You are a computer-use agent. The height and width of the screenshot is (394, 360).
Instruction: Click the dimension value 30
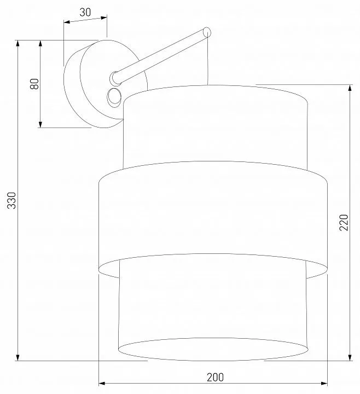click(x=85, y=12)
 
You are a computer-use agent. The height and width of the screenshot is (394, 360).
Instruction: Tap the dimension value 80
click(x=34, y=84)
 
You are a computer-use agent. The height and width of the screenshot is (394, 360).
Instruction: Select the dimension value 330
click(x=11, y=200)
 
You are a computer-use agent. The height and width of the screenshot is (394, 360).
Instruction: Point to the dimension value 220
click(x=344, y=222)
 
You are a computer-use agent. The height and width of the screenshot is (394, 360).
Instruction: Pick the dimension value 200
click(x=215, y=377)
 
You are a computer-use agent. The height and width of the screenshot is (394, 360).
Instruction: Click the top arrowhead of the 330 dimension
click(x=18, y=43)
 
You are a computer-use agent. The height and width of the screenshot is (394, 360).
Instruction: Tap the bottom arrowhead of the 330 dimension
click(x=18, y=357)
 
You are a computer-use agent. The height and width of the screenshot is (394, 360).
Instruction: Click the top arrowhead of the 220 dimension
click(x=350, y=88)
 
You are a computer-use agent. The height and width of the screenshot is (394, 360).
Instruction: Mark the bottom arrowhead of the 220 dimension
click(x=350, y=357)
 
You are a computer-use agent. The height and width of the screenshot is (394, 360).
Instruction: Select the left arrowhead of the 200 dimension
click(x=102, y=384)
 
